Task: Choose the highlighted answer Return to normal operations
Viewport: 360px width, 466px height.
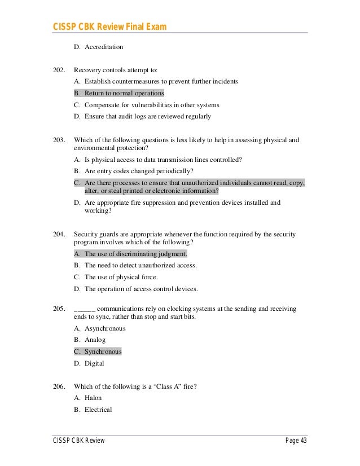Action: pos(124,93)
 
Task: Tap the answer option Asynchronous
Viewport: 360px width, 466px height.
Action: pos(105,328)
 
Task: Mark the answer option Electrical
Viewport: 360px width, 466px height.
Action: pos(98,410)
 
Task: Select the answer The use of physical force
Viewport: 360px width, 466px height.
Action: pos(121,277)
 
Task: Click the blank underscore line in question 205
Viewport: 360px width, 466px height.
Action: pos(85,310)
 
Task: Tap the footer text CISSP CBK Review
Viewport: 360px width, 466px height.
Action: pos(79,441)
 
